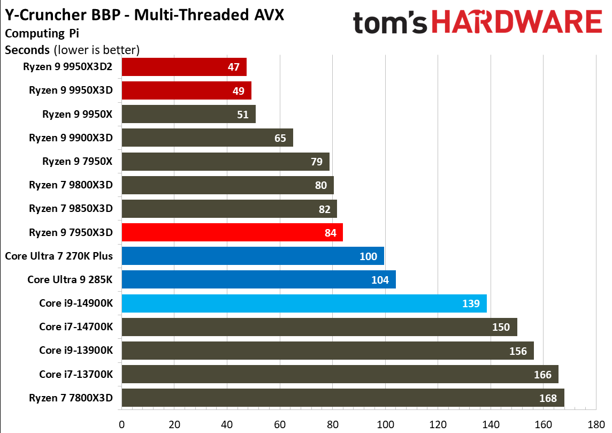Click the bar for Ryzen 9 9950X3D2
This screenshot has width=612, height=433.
184,67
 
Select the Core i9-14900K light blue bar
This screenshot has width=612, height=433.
304,303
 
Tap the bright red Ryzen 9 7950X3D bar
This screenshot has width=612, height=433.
232,232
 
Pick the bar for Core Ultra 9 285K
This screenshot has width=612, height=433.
258,280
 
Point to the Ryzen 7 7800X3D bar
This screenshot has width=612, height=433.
343,398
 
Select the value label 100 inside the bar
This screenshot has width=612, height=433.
369,256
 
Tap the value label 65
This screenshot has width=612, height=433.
280,138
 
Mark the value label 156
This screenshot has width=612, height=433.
518,351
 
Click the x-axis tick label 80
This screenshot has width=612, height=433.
332,425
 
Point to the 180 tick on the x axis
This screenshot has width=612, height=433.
595,425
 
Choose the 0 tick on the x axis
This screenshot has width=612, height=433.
122,425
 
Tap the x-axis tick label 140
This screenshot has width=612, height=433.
490,425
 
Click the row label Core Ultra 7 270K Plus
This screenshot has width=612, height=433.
59,256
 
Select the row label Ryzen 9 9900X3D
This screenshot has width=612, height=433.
71,138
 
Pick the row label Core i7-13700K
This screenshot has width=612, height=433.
76,374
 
